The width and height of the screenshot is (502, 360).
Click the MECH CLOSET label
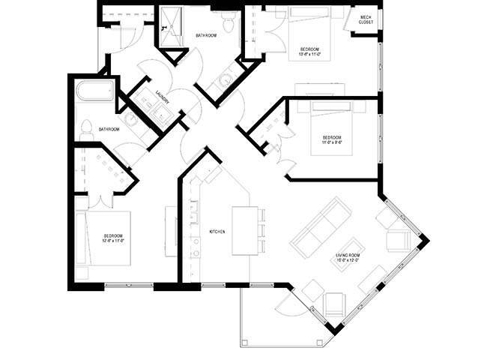click(x=366, y=20)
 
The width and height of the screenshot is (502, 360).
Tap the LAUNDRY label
click(x=160, y=97)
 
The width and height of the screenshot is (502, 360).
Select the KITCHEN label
click(x=217, y=231)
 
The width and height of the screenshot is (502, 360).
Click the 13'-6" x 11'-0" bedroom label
click(x=309, y=51)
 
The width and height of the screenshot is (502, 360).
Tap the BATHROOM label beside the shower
click(x=206, y=35)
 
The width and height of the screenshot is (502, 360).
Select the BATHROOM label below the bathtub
click(x=109, y=130)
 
